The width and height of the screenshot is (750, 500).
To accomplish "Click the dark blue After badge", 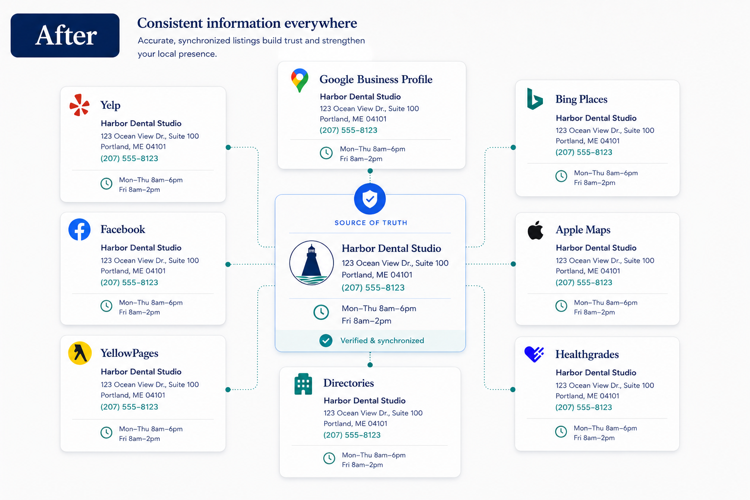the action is [65, 36].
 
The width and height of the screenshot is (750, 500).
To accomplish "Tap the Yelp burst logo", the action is [80, 105].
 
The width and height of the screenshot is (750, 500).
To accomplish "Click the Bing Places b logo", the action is [535, 99].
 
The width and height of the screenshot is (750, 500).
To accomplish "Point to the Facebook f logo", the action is [80, 229].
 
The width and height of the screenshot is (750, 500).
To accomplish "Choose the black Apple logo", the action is [535, 230].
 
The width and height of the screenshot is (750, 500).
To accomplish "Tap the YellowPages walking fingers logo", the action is [80, 353].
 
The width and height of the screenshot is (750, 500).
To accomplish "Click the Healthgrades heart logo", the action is [534, 354].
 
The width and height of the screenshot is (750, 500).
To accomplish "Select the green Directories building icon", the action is [303, 384].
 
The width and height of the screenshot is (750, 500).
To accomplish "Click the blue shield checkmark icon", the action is [370, 199].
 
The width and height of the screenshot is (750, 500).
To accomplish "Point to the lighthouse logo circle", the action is [312, 263].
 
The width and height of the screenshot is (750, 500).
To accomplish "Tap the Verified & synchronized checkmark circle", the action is [326, 341].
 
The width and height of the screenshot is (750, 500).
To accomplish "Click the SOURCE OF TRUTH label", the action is [371, 223].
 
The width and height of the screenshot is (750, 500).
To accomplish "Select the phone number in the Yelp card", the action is [129, 158].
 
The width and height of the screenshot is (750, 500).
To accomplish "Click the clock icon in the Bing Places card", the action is [561, 176].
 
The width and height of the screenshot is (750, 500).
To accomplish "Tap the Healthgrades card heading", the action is [587, 354].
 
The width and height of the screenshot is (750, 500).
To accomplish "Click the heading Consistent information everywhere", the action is [247, 23].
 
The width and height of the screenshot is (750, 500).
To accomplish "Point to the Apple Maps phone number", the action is [583, 283].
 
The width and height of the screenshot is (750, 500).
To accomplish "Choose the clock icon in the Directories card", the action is [329, 458].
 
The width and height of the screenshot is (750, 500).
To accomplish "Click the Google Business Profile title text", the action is [376, 80].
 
